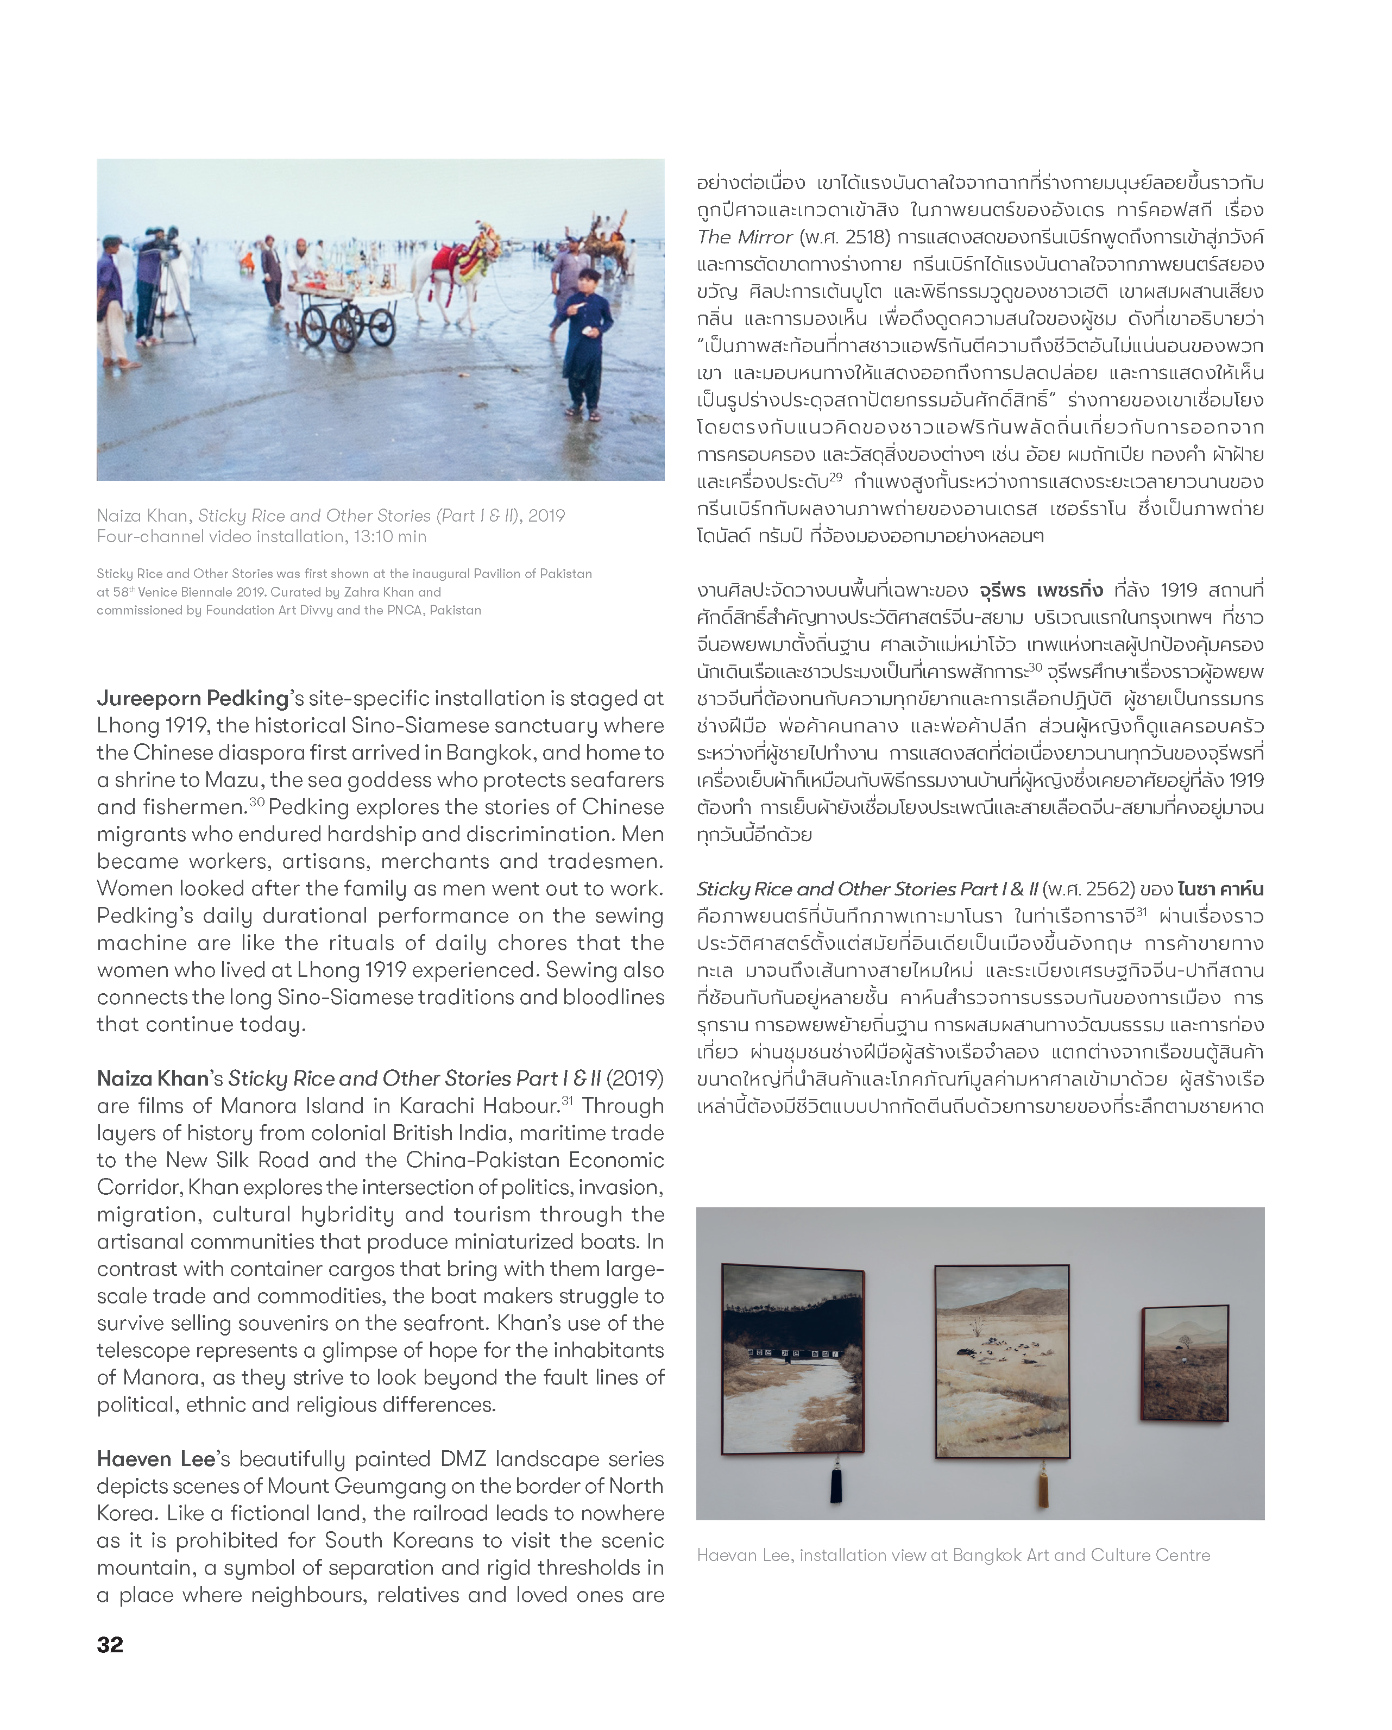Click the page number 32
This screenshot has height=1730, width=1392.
tap(110, 1644)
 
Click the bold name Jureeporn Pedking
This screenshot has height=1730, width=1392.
tap(193, 698)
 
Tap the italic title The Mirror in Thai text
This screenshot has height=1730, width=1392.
tap(745, 237)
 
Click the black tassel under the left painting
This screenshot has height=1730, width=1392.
tap(836, 1484)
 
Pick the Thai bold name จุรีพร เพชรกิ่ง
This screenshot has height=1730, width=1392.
tap(1041, 591)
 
